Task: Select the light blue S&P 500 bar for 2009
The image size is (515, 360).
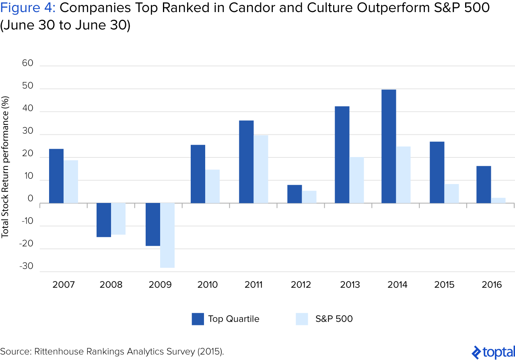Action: [167, 235]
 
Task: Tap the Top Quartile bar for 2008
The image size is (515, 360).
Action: [104, 220]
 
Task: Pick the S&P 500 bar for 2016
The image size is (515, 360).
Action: [498, 201]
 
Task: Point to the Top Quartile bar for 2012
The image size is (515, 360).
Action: [295, 194]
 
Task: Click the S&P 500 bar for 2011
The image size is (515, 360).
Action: [261, 169]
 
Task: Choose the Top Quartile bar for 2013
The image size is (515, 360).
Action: [342, 155]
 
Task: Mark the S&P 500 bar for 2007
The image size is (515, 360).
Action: [71, 182]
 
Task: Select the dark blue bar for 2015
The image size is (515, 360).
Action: [437, 172]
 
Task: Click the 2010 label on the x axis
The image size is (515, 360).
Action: [208, 285]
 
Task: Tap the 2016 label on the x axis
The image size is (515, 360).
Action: [492, 285]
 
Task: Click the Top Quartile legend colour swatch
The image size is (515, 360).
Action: [198, 319]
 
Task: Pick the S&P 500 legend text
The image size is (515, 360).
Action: [334, 319]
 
